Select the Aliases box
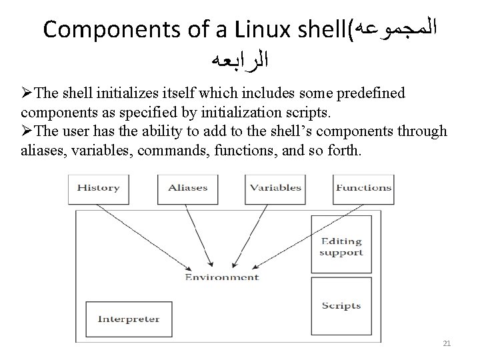pyautogui.click(x=187, y=188)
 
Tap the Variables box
pyautogui.click(x=275, y=188)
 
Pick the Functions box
pyautogui.click(x=363, y=188)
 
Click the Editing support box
pyautogui.click(x=341, y=246)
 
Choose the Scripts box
pyautogui.click(x=341, y=306)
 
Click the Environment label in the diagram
pyautogui.click(x=222, y=277)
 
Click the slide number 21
pyautogui.click(x=447, y=343)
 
